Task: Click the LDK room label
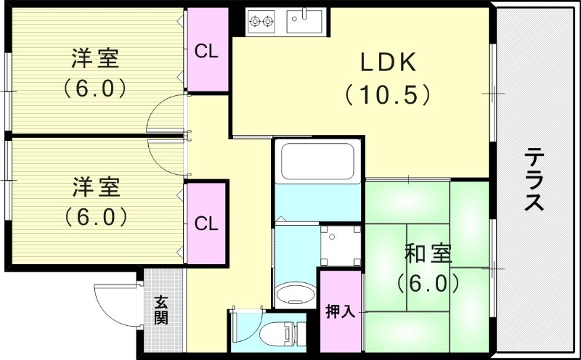click(389, 63)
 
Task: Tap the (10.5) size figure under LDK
click(389, 95)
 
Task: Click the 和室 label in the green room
click(428, 254)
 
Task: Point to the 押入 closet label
click(340, 311)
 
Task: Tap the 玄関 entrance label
click(161, 311)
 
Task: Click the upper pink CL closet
click(206, 52)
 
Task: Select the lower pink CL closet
click(206, 224)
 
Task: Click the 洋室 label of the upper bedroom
click(96, 57)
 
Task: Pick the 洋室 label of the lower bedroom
click(96, 187)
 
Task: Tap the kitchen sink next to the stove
click(304, 21)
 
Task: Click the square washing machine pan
click(341, 244)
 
